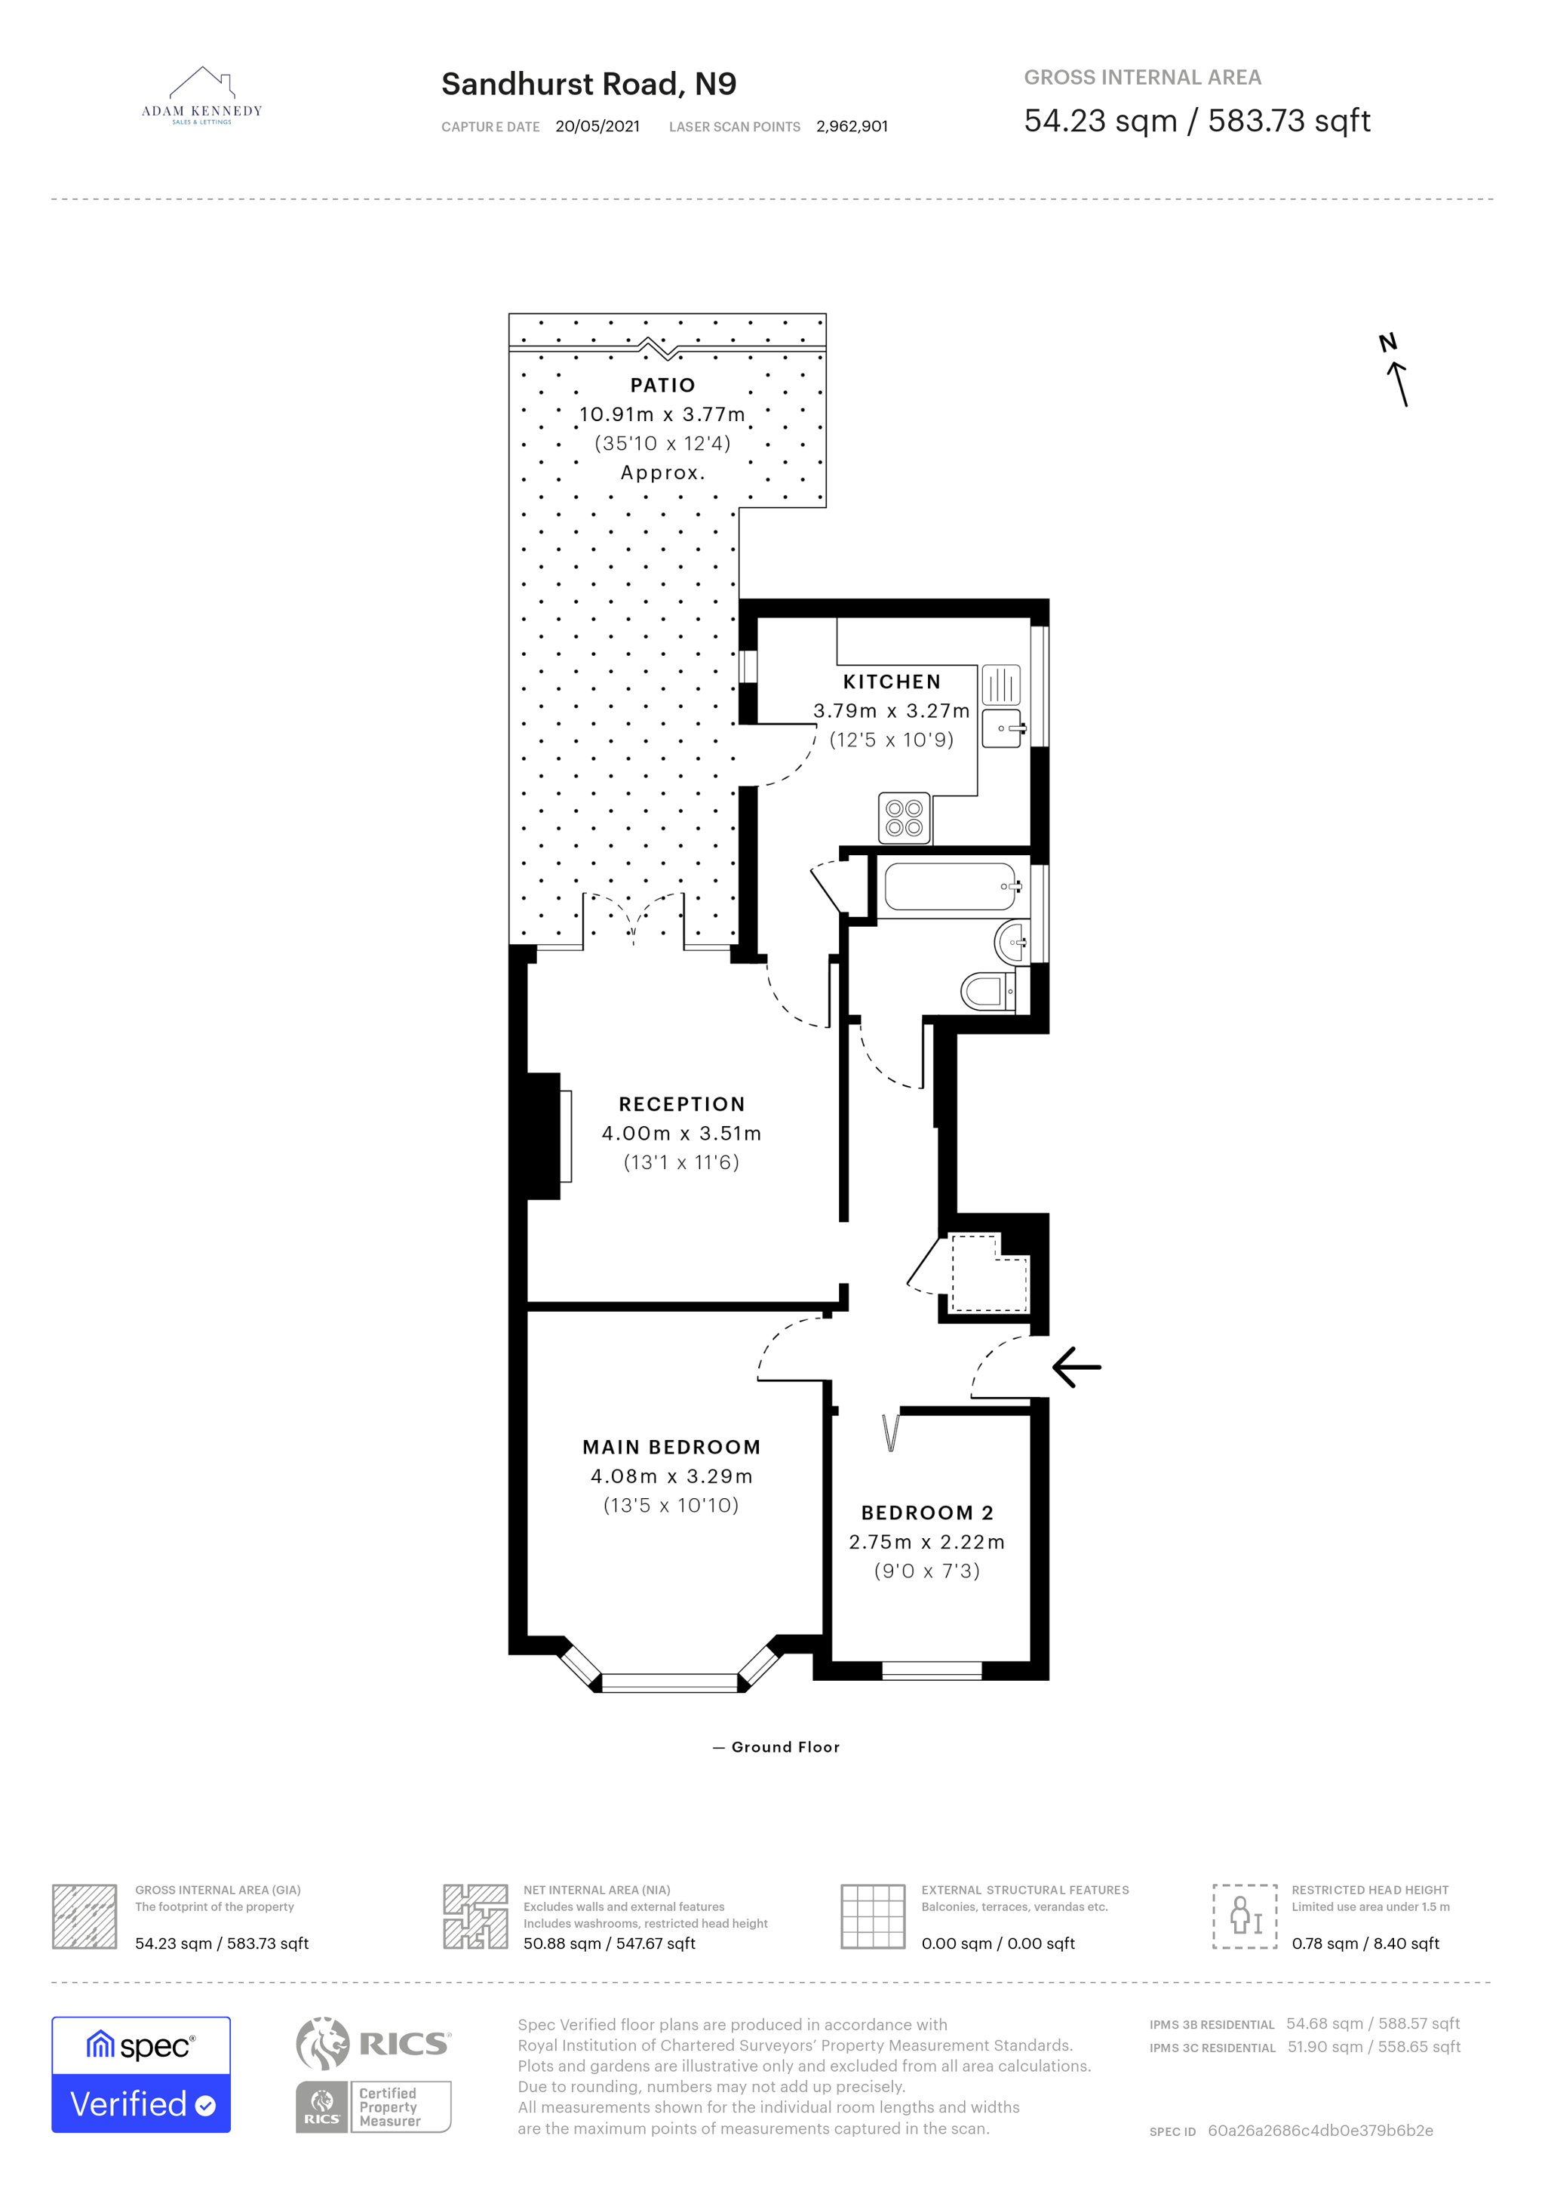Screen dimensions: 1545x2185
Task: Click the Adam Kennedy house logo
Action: pyautogui.click(x=201, y=95)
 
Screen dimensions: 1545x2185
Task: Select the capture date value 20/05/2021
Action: pyautogui.click(x=597, y=127)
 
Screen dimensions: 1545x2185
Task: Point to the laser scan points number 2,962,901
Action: pyautogui.click(x=852, y=127)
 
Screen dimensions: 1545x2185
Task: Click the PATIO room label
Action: pyautogui.click(x=663, y=386)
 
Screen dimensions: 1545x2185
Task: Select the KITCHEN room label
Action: pyautogui.click(x=892, y=682)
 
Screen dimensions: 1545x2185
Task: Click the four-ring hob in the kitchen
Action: pyautogui.click(x=904, y=818)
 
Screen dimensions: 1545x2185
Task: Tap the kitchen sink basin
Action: pyautogui.click(x=1003, y=728)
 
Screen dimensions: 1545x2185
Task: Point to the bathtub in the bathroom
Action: pyautogui.click(x=951, y=887)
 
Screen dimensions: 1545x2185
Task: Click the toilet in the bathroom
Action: pyautogui.click(x=988, y=992)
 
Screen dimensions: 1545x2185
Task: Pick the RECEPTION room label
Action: pyautogui.click(x=681, y=1104)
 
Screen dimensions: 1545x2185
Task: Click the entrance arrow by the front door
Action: pyautogui.click(x=1077, y=1368)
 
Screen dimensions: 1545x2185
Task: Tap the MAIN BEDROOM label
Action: pyautogui.click(x=671, y=1448)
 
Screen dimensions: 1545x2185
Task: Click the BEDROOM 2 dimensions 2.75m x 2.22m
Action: pyautogui.click(x=926, y=1542)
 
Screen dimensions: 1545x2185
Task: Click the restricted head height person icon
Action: pyautogui.click(x=1244, y=1916)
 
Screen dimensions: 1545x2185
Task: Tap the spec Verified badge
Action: pyautogui.click(x=141, y=2075)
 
